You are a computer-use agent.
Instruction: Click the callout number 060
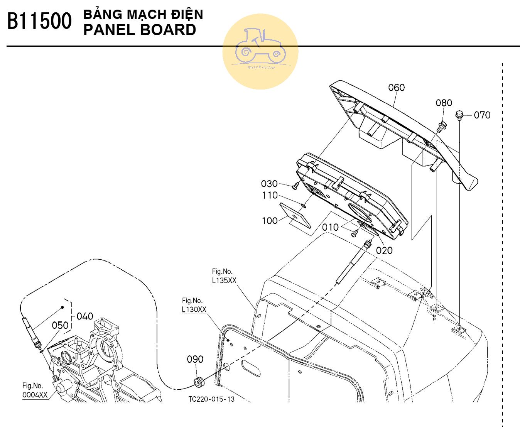(396, 88)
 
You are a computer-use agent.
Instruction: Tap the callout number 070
(482, 115)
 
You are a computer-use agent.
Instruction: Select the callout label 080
(444, 103)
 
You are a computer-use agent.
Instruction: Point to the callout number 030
(269, 184)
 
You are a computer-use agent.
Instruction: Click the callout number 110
(270, 195)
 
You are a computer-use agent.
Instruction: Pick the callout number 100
(270, 221)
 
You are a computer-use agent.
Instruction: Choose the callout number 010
(330, 227)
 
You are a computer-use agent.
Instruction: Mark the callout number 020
(384, 250)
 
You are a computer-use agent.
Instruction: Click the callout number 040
(85, 316)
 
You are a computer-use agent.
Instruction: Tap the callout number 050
(60, 325)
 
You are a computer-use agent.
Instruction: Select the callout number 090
(195, 360)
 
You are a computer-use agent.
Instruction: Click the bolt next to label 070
(459, 115)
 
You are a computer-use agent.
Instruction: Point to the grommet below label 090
(199, 382)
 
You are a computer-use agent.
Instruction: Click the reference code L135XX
(224, 281)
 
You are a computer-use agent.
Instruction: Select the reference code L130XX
(194, 309)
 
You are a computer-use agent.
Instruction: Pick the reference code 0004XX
(35, 395)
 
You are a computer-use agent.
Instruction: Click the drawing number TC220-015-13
(211, 399)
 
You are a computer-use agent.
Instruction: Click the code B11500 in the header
(39, 22)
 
